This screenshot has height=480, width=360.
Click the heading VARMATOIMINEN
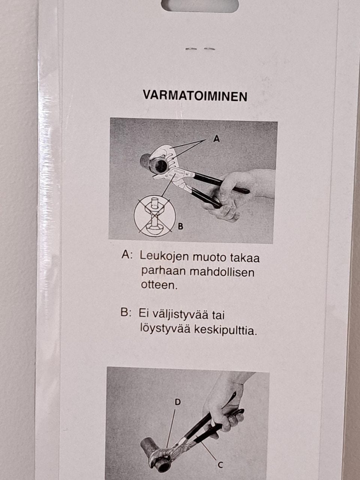click(x=195, y=96)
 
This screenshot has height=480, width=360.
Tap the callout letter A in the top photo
click(x=216, y=139)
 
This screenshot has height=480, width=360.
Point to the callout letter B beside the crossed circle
click(x=180, y=226)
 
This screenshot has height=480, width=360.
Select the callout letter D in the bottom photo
click(x=178, y=402)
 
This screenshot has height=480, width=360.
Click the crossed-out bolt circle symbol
click(x=155, y=216)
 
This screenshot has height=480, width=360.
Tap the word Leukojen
click(x=164, y=256)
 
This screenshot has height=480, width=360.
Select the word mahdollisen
click(x=222, y=273)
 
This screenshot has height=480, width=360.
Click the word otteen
click(x=159, y=285)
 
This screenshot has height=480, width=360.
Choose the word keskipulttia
click(x=225, y=330)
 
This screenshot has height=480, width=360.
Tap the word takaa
click(x=244, y=257)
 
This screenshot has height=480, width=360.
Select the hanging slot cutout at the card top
click(x=200, y=6)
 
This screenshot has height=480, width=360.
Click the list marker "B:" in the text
click(x=126, y=313)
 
